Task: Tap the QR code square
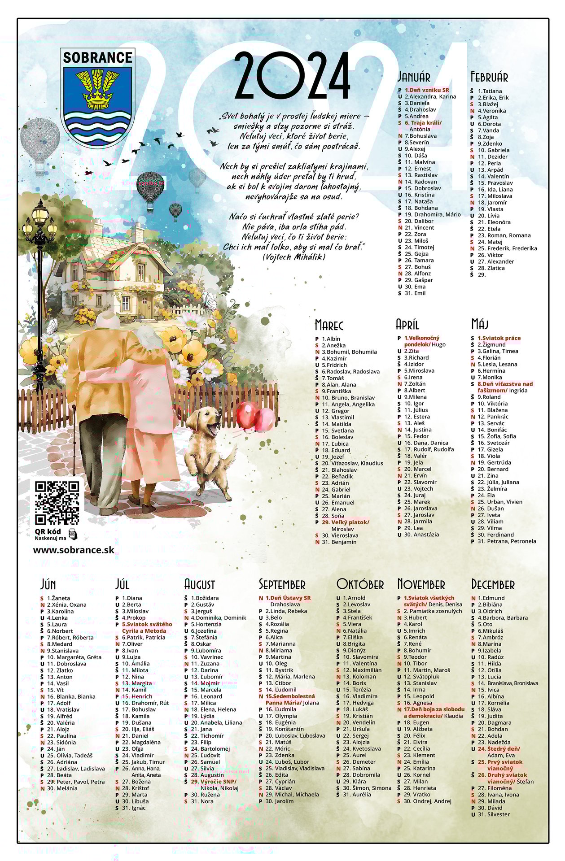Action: click(x=57, y=503)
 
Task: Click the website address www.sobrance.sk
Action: click(x=74, y=550)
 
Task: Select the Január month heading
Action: click(x=414, y=77)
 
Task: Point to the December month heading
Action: click(x=493, y=584)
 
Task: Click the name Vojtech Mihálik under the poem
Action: click(x=293, y=257)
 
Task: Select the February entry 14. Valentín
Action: click(x=493, y=176)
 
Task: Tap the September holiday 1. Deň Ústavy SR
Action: click(x=288, y=598)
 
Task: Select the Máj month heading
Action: click(x=479, y=324)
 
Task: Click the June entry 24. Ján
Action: click(x=56, y=748)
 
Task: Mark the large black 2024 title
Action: click(x=292, y=75)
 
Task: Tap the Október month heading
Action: click(x=360, y=584)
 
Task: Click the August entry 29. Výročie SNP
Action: click(x=213, y=781)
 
